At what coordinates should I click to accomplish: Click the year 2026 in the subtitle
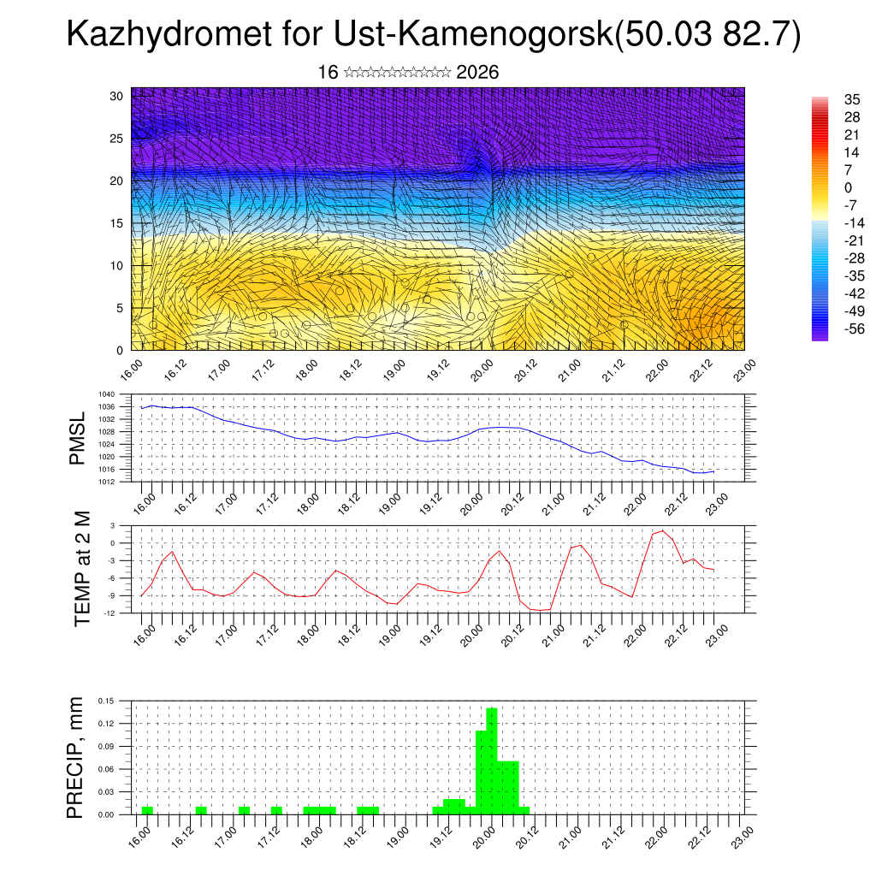coord(477,73)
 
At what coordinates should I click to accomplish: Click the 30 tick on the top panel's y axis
coord(116,96)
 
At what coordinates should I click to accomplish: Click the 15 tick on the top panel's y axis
coord(116,223)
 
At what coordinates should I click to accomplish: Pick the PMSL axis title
coord(78,438)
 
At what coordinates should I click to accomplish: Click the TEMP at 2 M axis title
coord(82,568)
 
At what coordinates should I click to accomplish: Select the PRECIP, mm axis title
coord(77,757)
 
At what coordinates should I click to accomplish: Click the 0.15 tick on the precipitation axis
coord(106,701)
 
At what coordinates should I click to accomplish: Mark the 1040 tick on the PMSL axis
coord(107,394)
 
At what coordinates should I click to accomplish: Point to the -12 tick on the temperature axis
coord(109,613)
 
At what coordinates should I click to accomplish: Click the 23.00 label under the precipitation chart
coord(743,833)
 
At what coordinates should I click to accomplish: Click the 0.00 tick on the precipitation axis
coord(106,814)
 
